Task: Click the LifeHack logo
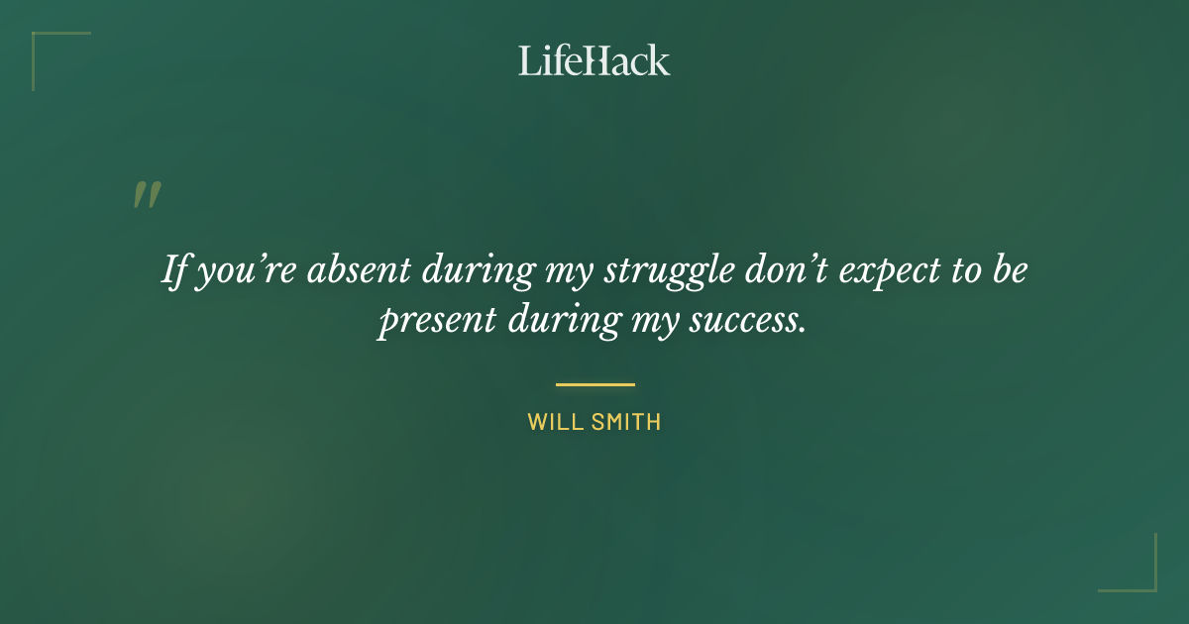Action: [594, 60]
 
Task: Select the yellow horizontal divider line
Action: [594, 384]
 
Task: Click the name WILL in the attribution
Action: [555, 422]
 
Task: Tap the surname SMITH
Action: [625, 422]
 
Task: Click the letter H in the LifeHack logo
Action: [593, 60]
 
